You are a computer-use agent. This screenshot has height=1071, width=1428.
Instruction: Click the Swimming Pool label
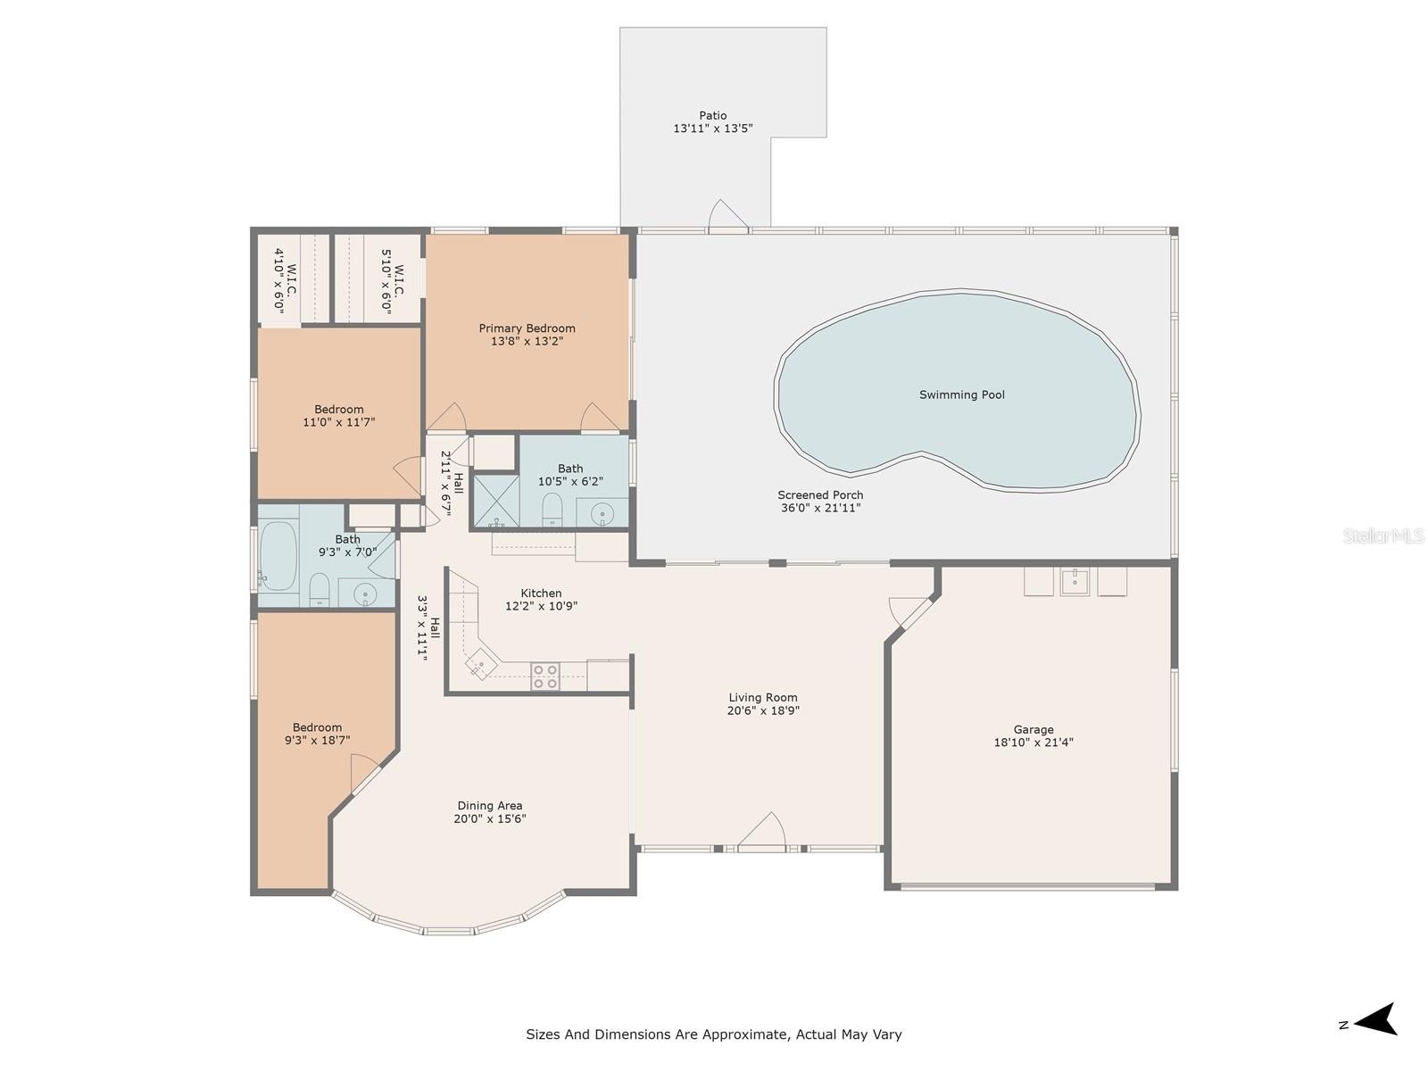[961, 394]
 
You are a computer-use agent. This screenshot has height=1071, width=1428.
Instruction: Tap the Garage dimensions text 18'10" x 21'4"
[1034, 742]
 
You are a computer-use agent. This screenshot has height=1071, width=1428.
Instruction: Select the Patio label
[712, 115]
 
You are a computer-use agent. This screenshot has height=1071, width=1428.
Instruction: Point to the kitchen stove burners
[544, 677]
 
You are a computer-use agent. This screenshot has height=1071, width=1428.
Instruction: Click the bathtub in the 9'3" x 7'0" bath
[278, 556]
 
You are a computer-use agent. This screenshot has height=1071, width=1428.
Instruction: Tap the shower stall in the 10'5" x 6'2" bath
[495, 501]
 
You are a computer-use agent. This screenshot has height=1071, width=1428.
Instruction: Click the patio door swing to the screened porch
[727, 213]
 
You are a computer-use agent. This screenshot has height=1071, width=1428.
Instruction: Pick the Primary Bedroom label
[527, 328]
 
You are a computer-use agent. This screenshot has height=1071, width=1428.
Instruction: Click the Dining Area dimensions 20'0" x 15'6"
[489, 818]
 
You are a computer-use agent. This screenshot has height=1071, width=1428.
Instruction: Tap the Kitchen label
[541, 593]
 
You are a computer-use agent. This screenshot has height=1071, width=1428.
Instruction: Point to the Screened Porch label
[819, 494]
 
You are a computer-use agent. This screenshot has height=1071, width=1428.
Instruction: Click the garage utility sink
[1074, 582]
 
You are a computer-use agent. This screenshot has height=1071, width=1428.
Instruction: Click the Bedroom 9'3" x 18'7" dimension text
[317, 740]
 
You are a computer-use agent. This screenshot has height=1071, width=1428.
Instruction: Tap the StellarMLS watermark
[1383, 535]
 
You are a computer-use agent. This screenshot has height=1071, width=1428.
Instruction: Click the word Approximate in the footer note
[745, 1034]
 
